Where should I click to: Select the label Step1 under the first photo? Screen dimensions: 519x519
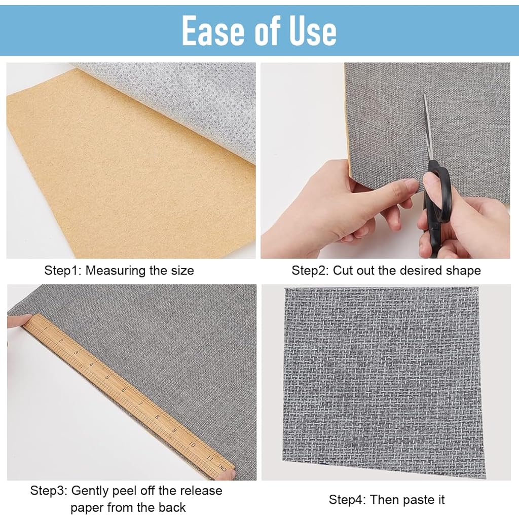tap(62, 271)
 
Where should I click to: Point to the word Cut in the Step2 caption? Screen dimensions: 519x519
tap(342, 271)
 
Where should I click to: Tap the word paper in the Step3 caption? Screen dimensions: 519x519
tap(87, 508)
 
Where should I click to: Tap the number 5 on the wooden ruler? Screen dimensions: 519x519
tap(107, 377)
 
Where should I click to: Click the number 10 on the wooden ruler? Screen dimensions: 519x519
tap(192, 444)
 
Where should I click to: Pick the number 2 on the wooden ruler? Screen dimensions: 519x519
tap(61, 341)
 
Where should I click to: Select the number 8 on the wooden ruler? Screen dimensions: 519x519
tap(157, 417)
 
